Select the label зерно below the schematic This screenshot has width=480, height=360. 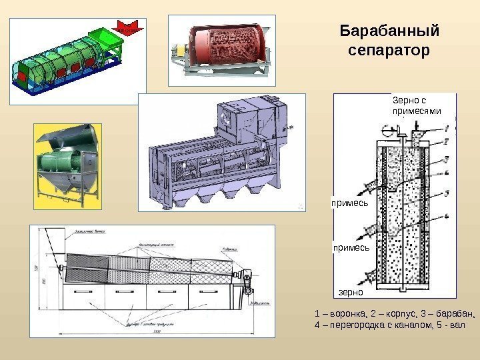[x=351, y=292]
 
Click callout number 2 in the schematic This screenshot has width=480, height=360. [x=445, y=140]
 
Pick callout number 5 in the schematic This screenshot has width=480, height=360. [x=445, y=193]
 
